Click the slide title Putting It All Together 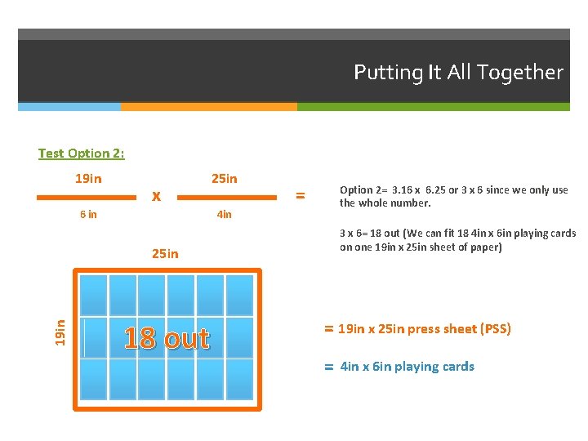point(458,73)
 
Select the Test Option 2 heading point(81,153)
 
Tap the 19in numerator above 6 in point(88,179)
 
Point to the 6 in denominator point(88,215)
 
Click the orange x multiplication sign point(156,196)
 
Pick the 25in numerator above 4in point(224,179)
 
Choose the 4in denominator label point(224,215)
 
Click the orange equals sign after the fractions point(300,195)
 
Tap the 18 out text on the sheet point(167,337)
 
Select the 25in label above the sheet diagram point(165,253)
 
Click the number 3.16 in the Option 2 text point(405,190)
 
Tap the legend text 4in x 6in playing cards point(407,367)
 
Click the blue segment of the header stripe point(69,106)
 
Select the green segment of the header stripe point(433,106)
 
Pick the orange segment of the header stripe point(208,106)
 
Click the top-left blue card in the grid point(93,295)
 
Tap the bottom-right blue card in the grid point(239,379)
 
